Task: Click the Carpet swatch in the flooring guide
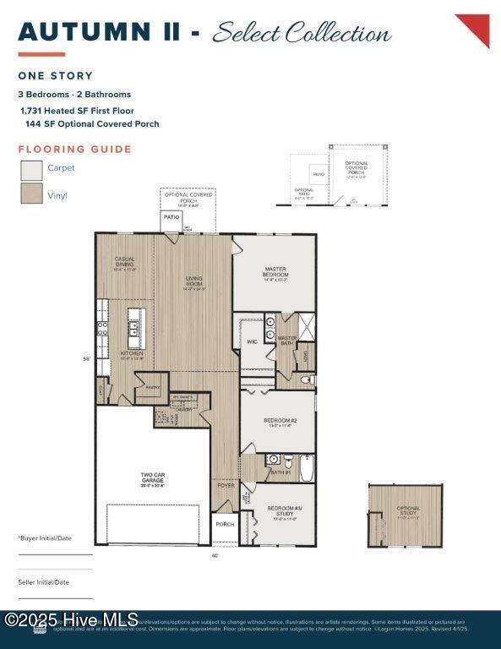coord(31,170)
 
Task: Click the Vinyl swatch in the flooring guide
coord(31,194)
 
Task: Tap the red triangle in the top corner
coord(476,27)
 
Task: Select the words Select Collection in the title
coord(302,34)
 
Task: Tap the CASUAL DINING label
coord(125,262)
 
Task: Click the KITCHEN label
coord(131,354)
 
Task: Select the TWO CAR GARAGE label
coord(152,477)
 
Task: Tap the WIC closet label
coord(252,342)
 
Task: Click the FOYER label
coord(226,485)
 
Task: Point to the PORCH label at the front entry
coord(225,524)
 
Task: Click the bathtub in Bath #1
coord(305,466)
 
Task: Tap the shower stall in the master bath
coord(305,325)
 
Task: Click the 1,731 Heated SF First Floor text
coord(77,110)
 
